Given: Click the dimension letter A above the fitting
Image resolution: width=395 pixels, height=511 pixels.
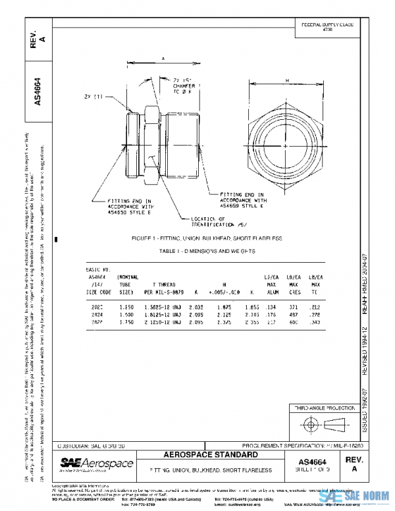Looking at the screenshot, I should [x=162, y=58].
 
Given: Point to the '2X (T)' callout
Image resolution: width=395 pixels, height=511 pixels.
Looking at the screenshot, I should [x=94, y=97].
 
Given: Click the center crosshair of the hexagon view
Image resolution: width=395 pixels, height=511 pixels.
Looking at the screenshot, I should [x=284, y=146].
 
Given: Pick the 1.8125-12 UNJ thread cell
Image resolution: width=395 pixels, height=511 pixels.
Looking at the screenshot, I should [x=165, y=315].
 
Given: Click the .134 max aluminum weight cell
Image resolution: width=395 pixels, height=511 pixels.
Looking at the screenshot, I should [x=271, y=307].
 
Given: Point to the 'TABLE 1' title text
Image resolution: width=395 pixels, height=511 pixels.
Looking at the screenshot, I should [x=197, y=251].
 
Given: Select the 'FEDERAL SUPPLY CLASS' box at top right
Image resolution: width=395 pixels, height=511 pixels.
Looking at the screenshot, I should [x=327, y=27].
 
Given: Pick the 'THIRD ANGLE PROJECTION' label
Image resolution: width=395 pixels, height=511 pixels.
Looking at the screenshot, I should [x=323, y=408].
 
